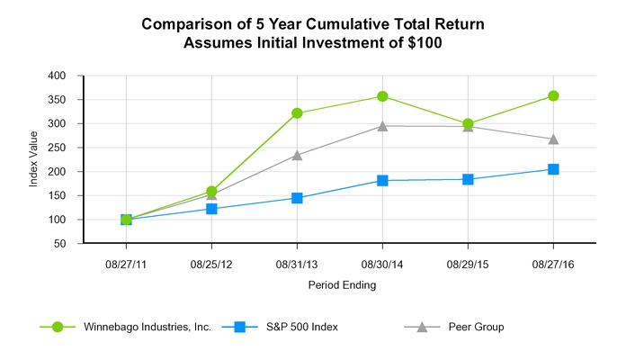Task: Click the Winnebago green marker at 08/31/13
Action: click(x=297, y=113)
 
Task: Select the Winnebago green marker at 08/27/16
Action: click(x=553, y=95)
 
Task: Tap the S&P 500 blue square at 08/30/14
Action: click(x=382, y=181)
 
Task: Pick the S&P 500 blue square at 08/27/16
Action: click(x=553, y=169)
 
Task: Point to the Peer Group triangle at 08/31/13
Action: click(x=297, y=155)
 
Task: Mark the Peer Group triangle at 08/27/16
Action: click(x=553, y=139)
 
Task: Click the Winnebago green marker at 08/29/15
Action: click(x=468, y=124)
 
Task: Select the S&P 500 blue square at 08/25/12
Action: click(x=211, y=209)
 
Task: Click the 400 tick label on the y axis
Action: click(x=58, y=76)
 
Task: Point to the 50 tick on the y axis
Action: click(x=60, y=244)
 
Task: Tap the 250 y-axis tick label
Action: click(x=58, y=148)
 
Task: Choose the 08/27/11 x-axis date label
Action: click(x=126, y=264)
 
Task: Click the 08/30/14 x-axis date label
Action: click(x=382, y=264)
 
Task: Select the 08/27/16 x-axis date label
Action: click(x=553, y=264)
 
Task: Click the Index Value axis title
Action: click(x=33, y=159)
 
